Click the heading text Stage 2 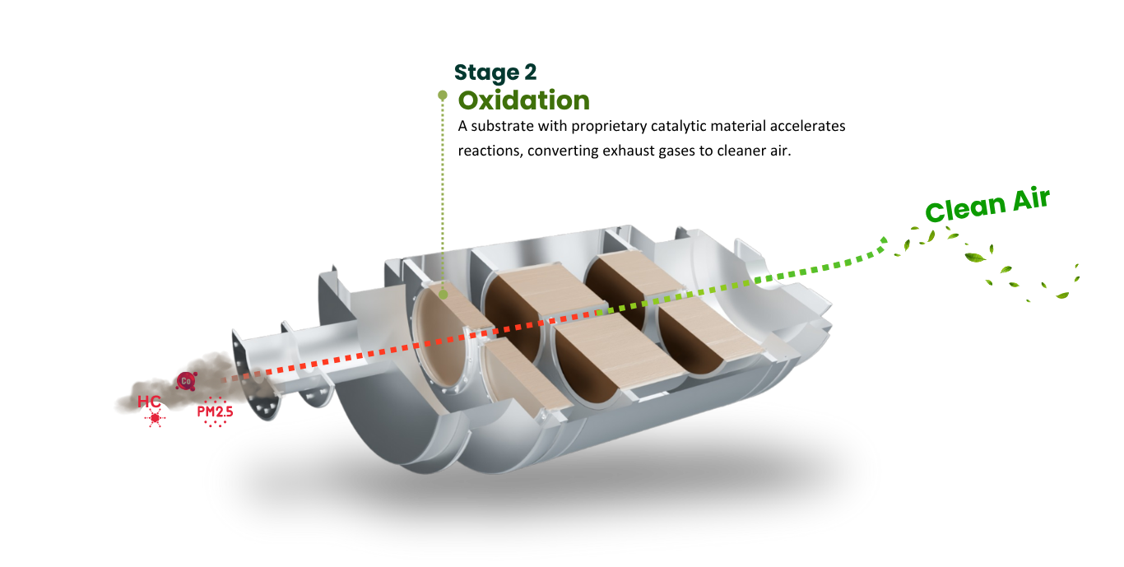(x=495, y=73)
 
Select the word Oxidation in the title (x=524, y=100)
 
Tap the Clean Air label (x=987, y=204)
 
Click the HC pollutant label (x=149, y=402)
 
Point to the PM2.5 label (x=216, y=412)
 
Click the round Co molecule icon (x=186, y=381)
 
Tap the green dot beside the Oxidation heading (x=442, y=95)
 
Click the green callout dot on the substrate (x=443, y=295)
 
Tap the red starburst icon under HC (x=155, y=417)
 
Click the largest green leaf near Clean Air (x=975, y=258)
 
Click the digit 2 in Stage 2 (x=531, y=72)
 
